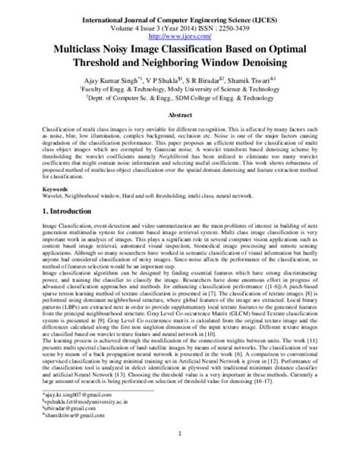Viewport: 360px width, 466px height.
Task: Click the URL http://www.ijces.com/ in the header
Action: [180, 34]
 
